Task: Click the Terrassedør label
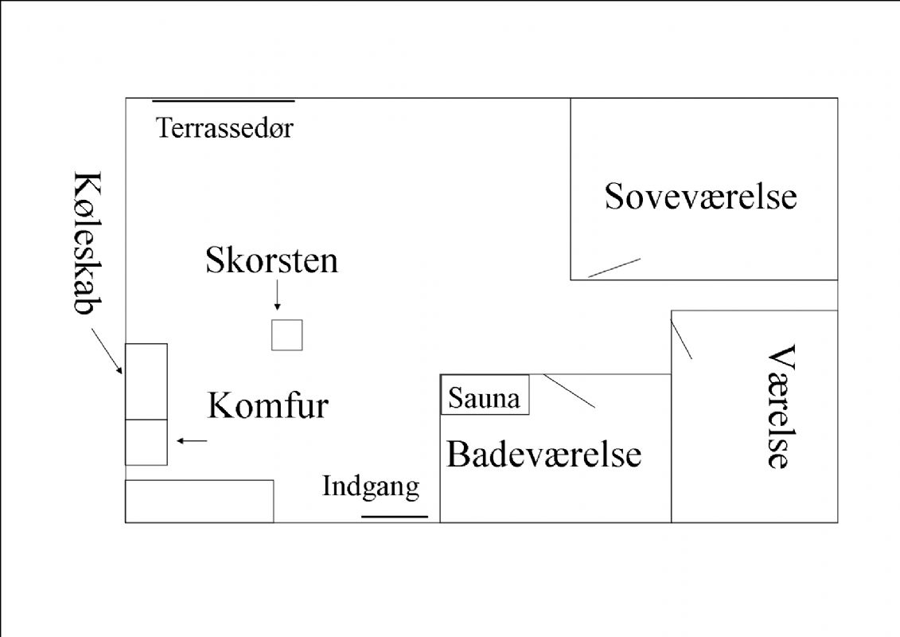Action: point(224,127)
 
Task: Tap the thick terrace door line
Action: point(223,101)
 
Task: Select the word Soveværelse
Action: point(700,196)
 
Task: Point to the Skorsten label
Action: point(271,260)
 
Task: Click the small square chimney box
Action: point(286,334)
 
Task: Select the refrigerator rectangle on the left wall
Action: point(146,381)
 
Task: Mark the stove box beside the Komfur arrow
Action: point(146,442)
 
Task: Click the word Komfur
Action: point(267,406)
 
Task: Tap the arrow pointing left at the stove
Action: point(192,441)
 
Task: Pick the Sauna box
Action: point(485,394)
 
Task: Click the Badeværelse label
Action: point(544,455)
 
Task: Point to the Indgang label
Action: point(370,486)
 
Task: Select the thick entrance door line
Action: point(395,516)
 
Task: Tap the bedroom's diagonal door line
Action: point(614,268)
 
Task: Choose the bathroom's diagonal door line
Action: point(570,391)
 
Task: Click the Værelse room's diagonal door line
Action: point(682,339)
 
